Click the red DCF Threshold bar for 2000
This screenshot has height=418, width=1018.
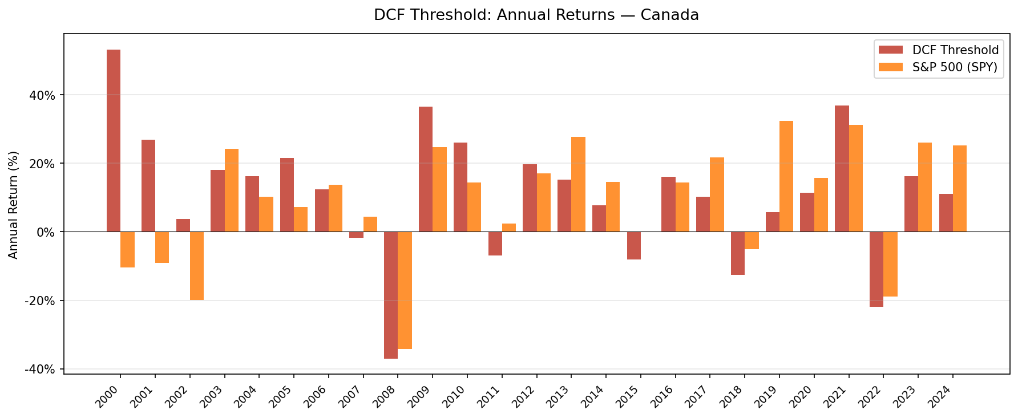114,140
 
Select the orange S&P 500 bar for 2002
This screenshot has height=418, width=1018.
197,266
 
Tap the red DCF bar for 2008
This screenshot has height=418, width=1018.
391,295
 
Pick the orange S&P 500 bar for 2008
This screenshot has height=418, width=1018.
405,290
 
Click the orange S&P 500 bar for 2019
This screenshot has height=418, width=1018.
786,176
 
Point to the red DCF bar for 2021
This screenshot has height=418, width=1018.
842,169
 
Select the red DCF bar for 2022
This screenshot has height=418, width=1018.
876,269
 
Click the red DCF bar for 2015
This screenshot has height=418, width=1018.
634,245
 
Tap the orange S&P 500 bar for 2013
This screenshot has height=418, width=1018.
578,184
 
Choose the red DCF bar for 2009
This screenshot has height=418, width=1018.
426,169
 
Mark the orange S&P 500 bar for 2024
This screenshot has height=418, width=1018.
960,188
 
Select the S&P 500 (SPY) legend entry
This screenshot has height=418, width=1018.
954,67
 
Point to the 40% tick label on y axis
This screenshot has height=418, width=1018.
43,95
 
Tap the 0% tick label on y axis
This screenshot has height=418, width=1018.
46,232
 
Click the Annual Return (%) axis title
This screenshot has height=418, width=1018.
14,205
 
